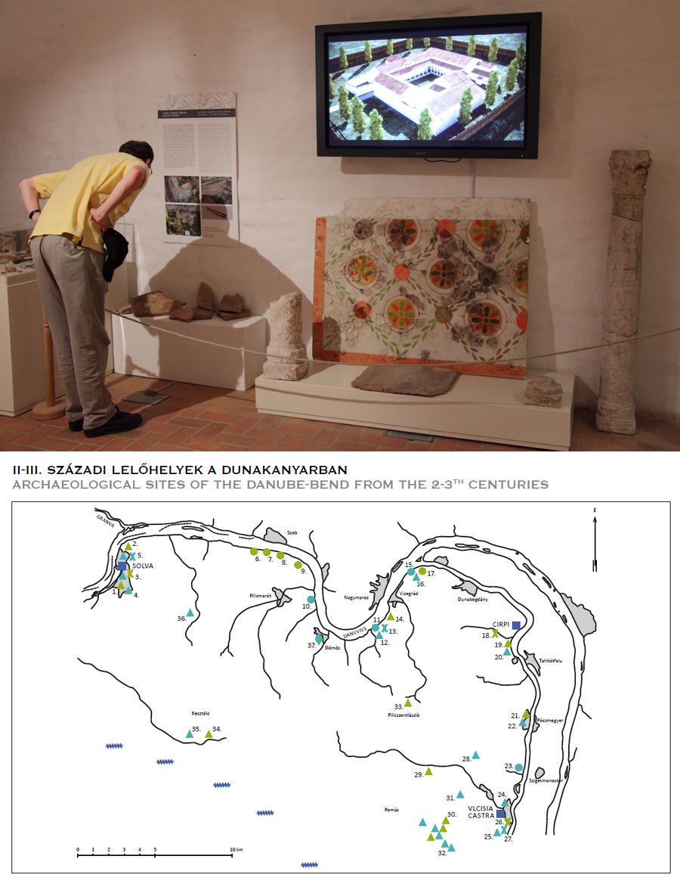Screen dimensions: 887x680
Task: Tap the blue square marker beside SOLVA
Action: [x=122, y=566]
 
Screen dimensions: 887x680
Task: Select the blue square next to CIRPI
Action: [x=516, y=625]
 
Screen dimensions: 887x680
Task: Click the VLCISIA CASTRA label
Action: [x=481, y=812]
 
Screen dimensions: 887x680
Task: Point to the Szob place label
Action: [x=292, y=532]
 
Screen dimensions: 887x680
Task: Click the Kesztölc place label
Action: [x=199, y=712]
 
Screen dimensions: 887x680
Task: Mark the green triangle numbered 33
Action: [x=408, y=702]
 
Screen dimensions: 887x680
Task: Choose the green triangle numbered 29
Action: [x=428, y=771]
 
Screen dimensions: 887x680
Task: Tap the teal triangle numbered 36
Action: [x=190, y=613]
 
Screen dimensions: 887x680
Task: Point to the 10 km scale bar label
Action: [x=237, y=850]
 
